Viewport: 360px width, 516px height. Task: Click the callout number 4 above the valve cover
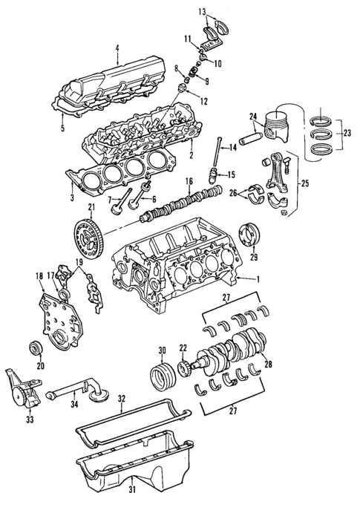[x=117, y=50]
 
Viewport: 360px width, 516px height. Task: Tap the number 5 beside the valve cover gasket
[x=63, y=128]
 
